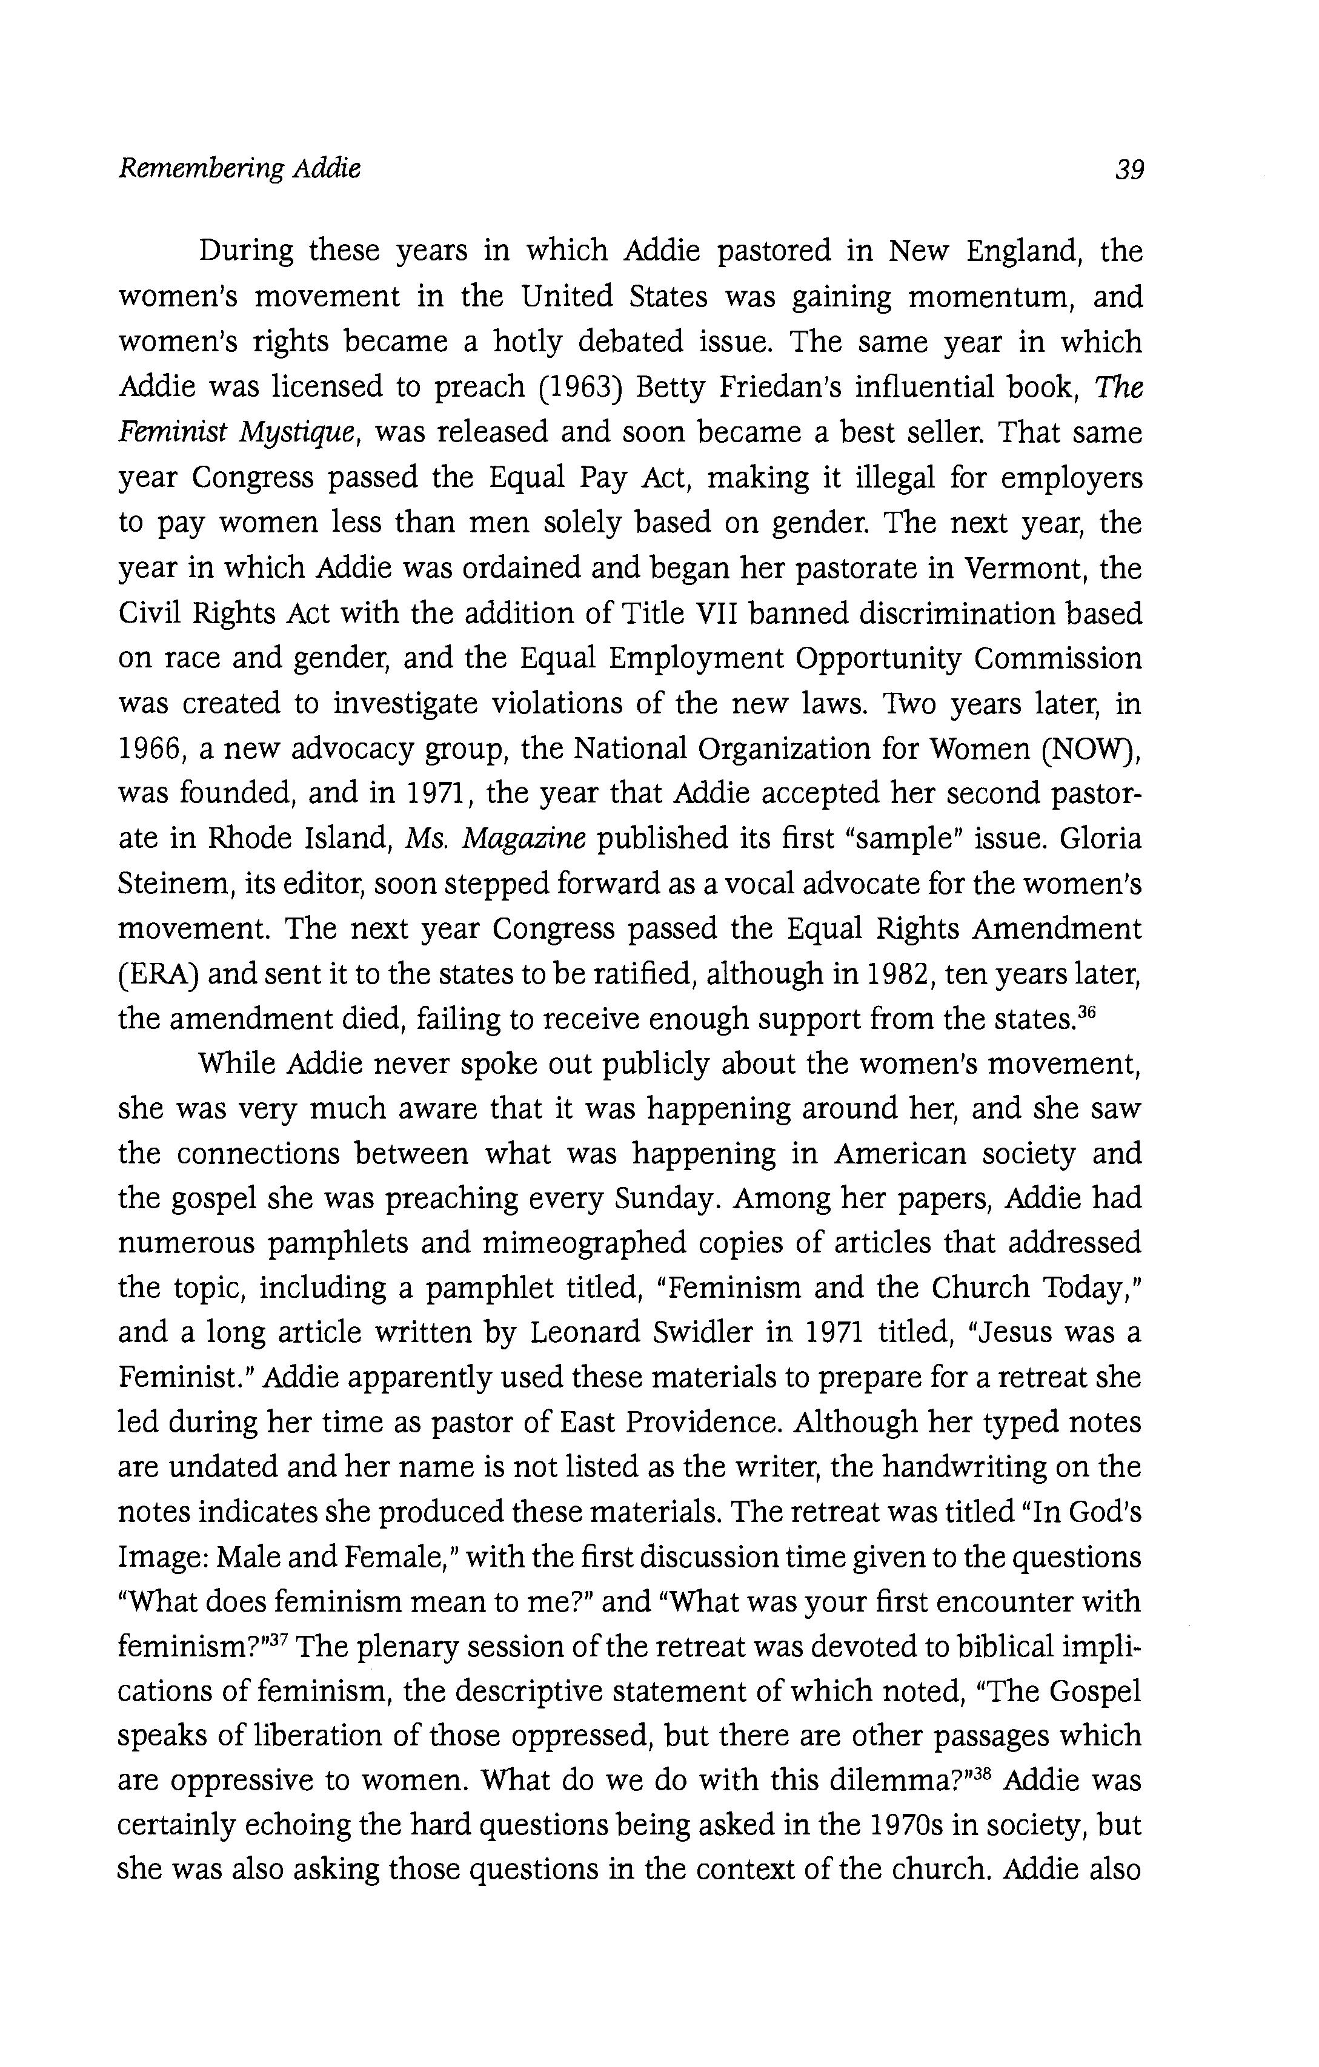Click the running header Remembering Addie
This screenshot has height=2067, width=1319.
point(239,168)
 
